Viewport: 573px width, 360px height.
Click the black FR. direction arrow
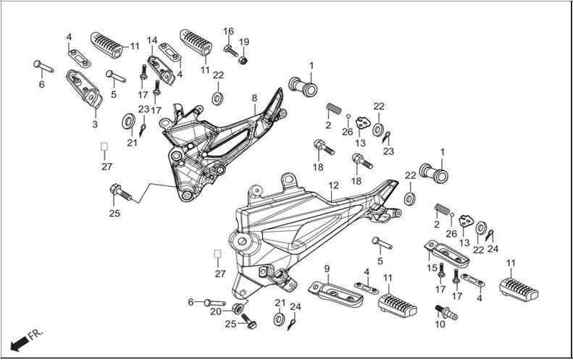point(20,343)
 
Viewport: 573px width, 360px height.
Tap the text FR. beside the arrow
point(36,334)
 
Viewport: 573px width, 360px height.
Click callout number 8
point(254,98)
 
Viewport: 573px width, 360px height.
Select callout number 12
point(333,185)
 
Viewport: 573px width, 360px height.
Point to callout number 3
point(95,125)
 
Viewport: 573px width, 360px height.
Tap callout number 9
point(327,269)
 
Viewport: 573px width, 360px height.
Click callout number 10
point(440,324)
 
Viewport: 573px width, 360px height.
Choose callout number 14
point(152,41)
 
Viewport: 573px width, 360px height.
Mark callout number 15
point(432,268)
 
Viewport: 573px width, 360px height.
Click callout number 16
point(228,31)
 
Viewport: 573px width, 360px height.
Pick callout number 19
point(243,42)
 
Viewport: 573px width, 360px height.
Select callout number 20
point(216,311)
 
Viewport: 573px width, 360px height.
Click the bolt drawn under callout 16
point(230,51)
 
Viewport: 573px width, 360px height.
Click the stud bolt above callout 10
point(446,312)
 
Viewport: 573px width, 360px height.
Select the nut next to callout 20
point(238,308)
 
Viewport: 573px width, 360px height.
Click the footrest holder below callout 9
point(336,293)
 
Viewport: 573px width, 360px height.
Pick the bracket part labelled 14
point(161,70)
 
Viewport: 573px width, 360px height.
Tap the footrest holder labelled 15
point(447,254)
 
